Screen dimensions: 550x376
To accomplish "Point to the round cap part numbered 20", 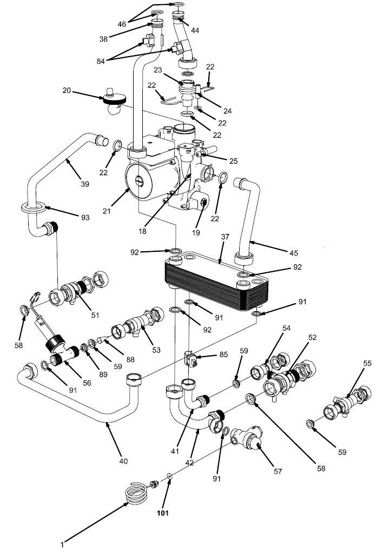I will (x=114, y=100).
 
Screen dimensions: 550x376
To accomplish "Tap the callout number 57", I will (x=278, y=471).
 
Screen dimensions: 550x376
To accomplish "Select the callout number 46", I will (x=122, y=24).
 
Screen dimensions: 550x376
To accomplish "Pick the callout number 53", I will (x=156, y=350).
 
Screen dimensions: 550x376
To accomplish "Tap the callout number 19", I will (x=196, y=233).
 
